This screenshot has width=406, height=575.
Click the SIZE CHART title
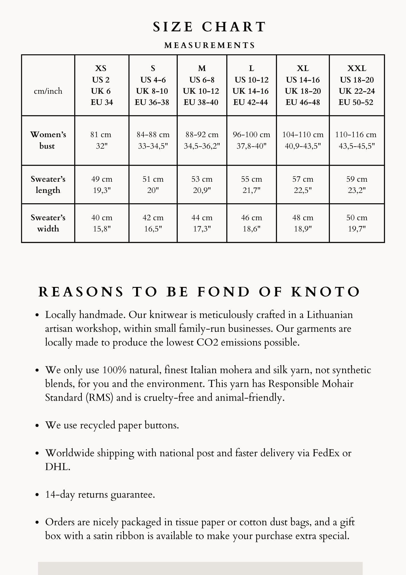(x=209, y=27)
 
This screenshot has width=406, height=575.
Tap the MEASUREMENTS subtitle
(x=210, y=45)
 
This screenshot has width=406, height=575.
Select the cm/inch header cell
(x=48, y=91)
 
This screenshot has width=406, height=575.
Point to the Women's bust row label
(x=48, y=140)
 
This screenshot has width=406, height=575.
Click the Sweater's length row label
(x=48, y=185)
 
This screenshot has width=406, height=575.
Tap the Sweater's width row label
(x=48, y=223)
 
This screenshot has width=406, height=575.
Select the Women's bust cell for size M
(x=202, y=140)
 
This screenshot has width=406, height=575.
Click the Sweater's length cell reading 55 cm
(x=252, y=185)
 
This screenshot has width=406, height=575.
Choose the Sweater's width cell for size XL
(x=303, y=223)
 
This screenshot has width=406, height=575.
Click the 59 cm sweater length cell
(x=357, y=185)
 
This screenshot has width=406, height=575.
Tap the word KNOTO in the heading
(x=326, y=292)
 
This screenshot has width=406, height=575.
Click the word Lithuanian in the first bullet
(x=330, y=315)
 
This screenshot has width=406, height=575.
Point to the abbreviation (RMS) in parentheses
(x=99, y=398)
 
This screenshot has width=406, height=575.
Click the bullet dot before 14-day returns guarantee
(x=37, y=495)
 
